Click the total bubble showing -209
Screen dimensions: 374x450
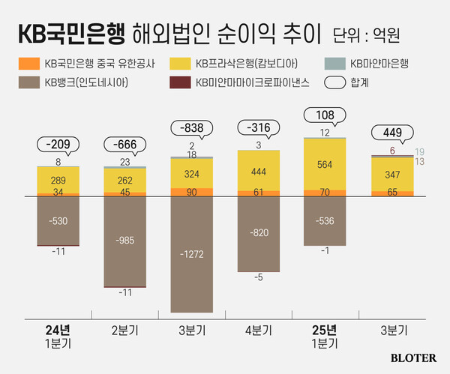[x=58, y=144]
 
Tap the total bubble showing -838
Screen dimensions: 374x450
[x=192, y=128]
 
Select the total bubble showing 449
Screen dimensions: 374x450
[x=392, y=134]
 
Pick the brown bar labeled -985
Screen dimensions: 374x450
[x=124, y=241]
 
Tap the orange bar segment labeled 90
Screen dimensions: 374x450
[x=192, y=193]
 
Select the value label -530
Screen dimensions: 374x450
[x=58, y=220]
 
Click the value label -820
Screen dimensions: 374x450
[x=259, y=233]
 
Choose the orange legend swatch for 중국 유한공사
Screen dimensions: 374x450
[x=28, y=63]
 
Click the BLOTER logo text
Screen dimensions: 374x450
[x=412, y=358]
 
